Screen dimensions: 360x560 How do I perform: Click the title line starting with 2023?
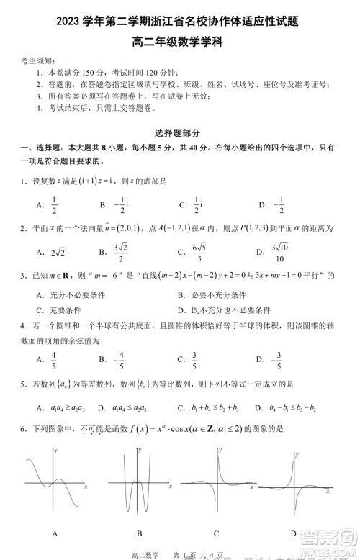coord(180,22)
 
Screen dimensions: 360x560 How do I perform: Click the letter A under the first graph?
coord(55,533)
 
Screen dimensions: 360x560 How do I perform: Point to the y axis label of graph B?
coord(137,449)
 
